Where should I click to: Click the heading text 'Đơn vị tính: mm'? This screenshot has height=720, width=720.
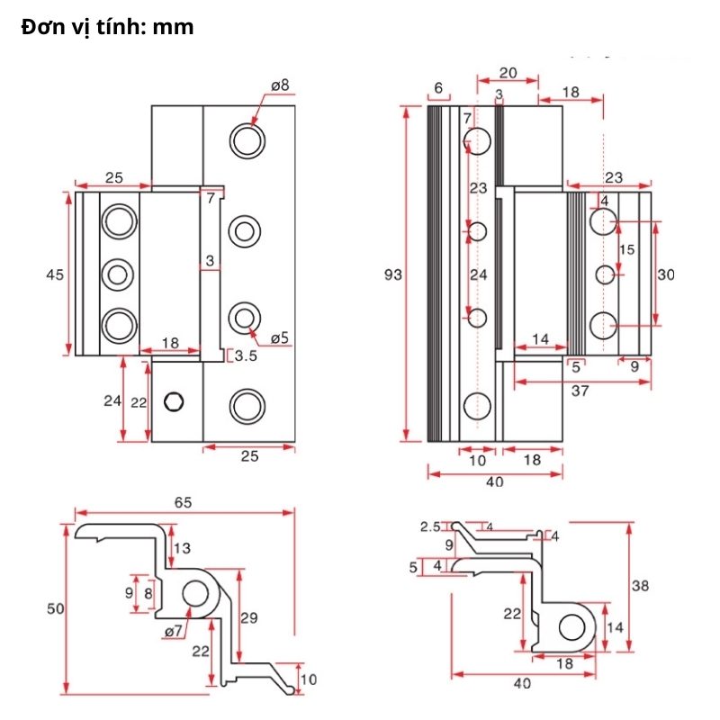click(107, 27)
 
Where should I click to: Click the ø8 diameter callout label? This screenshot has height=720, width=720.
click(280, 85)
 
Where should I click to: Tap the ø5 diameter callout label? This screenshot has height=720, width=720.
click(280, 338)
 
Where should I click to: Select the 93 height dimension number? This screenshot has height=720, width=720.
click(393, 274)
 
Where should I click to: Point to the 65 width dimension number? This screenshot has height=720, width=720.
click(183, 502)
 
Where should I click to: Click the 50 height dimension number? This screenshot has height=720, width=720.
click(56, 608)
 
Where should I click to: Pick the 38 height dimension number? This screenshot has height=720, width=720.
click(640, 586)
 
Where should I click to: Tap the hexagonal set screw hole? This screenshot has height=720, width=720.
click(174, 401)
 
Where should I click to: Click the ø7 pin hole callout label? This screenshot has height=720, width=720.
click(174, 632)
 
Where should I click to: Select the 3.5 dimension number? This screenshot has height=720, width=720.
click(246, 355)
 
